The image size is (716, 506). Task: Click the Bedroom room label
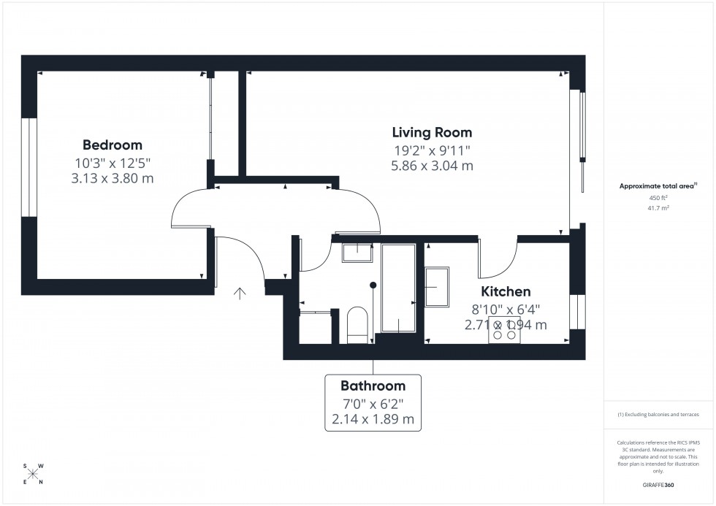[112, 145]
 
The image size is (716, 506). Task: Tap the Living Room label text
[432, 132]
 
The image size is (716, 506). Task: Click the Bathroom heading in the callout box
[373, 386]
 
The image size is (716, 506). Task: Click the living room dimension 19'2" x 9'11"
[432, 150]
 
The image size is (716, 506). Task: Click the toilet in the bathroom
[357, 325]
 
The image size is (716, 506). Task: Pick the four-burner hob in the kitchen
[504, 329]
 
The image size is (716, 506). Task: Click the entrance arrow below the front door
[239, 294]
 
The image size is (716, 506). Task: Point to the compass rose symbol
[33, 474]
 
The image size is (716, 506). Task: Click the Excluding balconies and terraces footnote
[658, 414]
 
